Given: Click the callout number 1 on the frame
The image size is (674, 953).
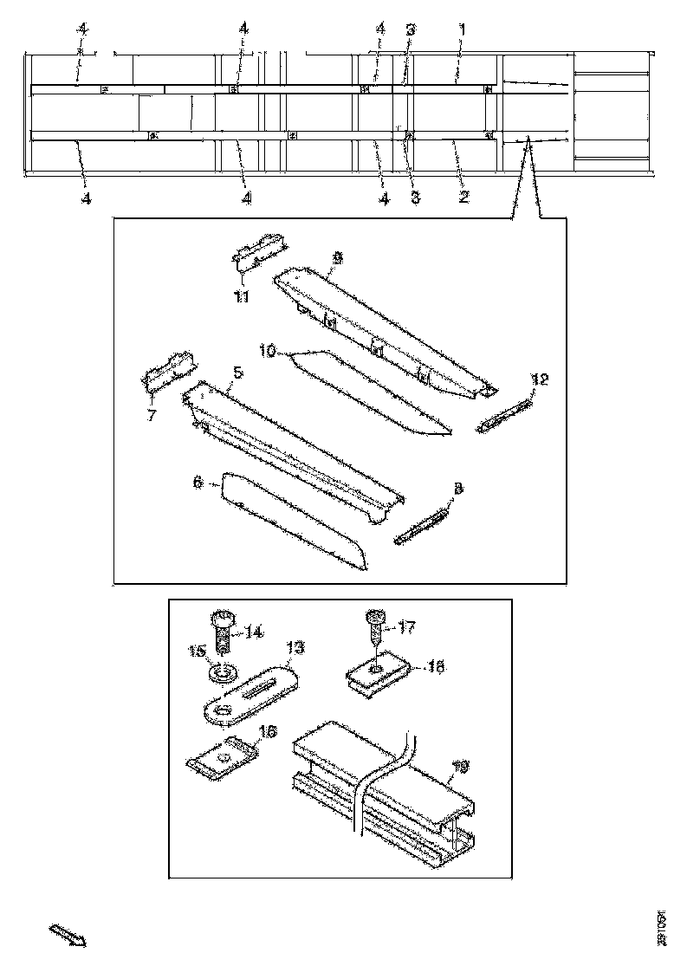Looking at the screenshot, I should click(462, 29).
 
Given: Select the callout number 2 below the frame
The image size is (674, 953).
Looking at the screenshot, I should click(463, 198).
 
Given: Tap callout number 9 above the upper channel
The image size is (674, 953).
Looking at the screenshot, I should click(337, 257).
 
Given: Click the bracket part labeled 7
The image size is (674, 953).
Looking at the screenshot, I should click(167, 371).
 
